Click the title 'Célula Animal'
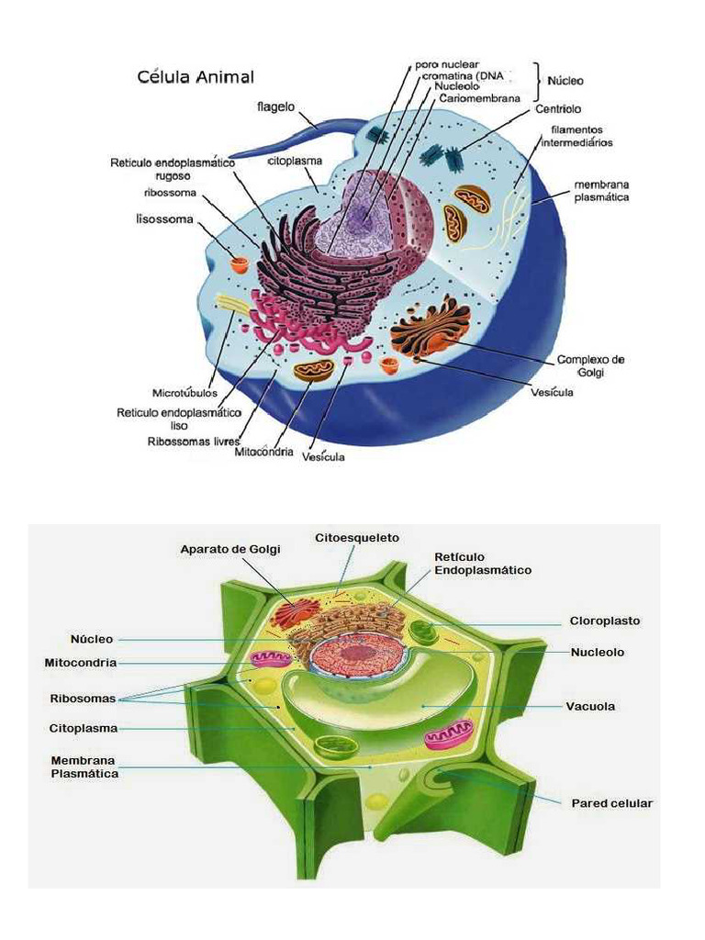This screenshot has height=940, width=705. point(196,77)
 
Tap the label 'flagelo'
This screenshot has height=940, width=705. point(275,106)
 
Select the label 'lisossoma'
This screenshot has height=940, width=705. point(164,218)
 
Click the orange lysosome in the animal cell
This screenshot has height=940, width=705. point(240,263)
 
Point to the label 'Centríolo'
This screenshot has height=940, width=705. point(558,109)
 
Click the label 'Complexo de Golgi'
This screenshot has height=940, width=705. point(590,365)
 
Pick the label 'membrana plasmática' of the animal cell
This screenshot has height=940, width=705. point(601,191)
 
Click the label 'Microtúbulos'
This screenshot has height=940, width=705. point(185,393)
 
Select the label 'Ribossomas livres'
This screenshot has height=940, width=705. point(193,442)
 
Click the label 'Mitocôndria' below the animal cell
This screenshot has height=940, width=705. point(263,452)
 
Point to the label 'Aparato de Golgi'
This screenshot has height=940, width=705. point(230,549)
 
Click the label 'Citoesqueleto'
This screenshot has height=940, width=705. point(357,538)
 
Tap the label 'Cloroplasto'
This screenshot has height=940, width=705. point(604,621)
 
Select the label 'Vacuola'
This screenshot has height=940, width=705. point(590,706)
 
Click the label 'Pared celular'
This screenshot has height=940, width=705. point(611,803)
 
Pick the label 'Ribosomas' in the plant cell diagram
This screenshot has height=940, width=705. point(83,699)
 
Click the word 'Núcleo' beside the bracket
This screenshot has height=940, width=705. point(565,81)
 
